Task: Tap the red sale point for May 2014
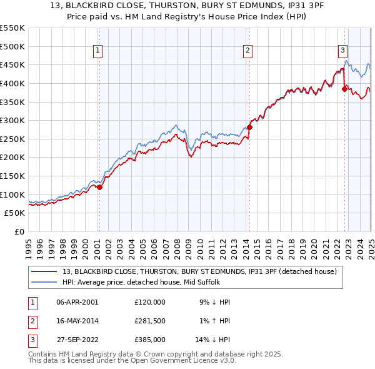(249, 127)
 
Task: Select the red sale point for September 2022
(344, 89)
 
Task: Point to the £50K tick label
(15, 213)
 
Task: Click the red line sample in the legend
(44, 271)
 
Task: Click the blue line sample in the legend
(44, 282)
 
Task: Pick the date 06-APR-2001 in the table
(77, 302)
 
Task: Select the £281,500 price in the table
(150, 321)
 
